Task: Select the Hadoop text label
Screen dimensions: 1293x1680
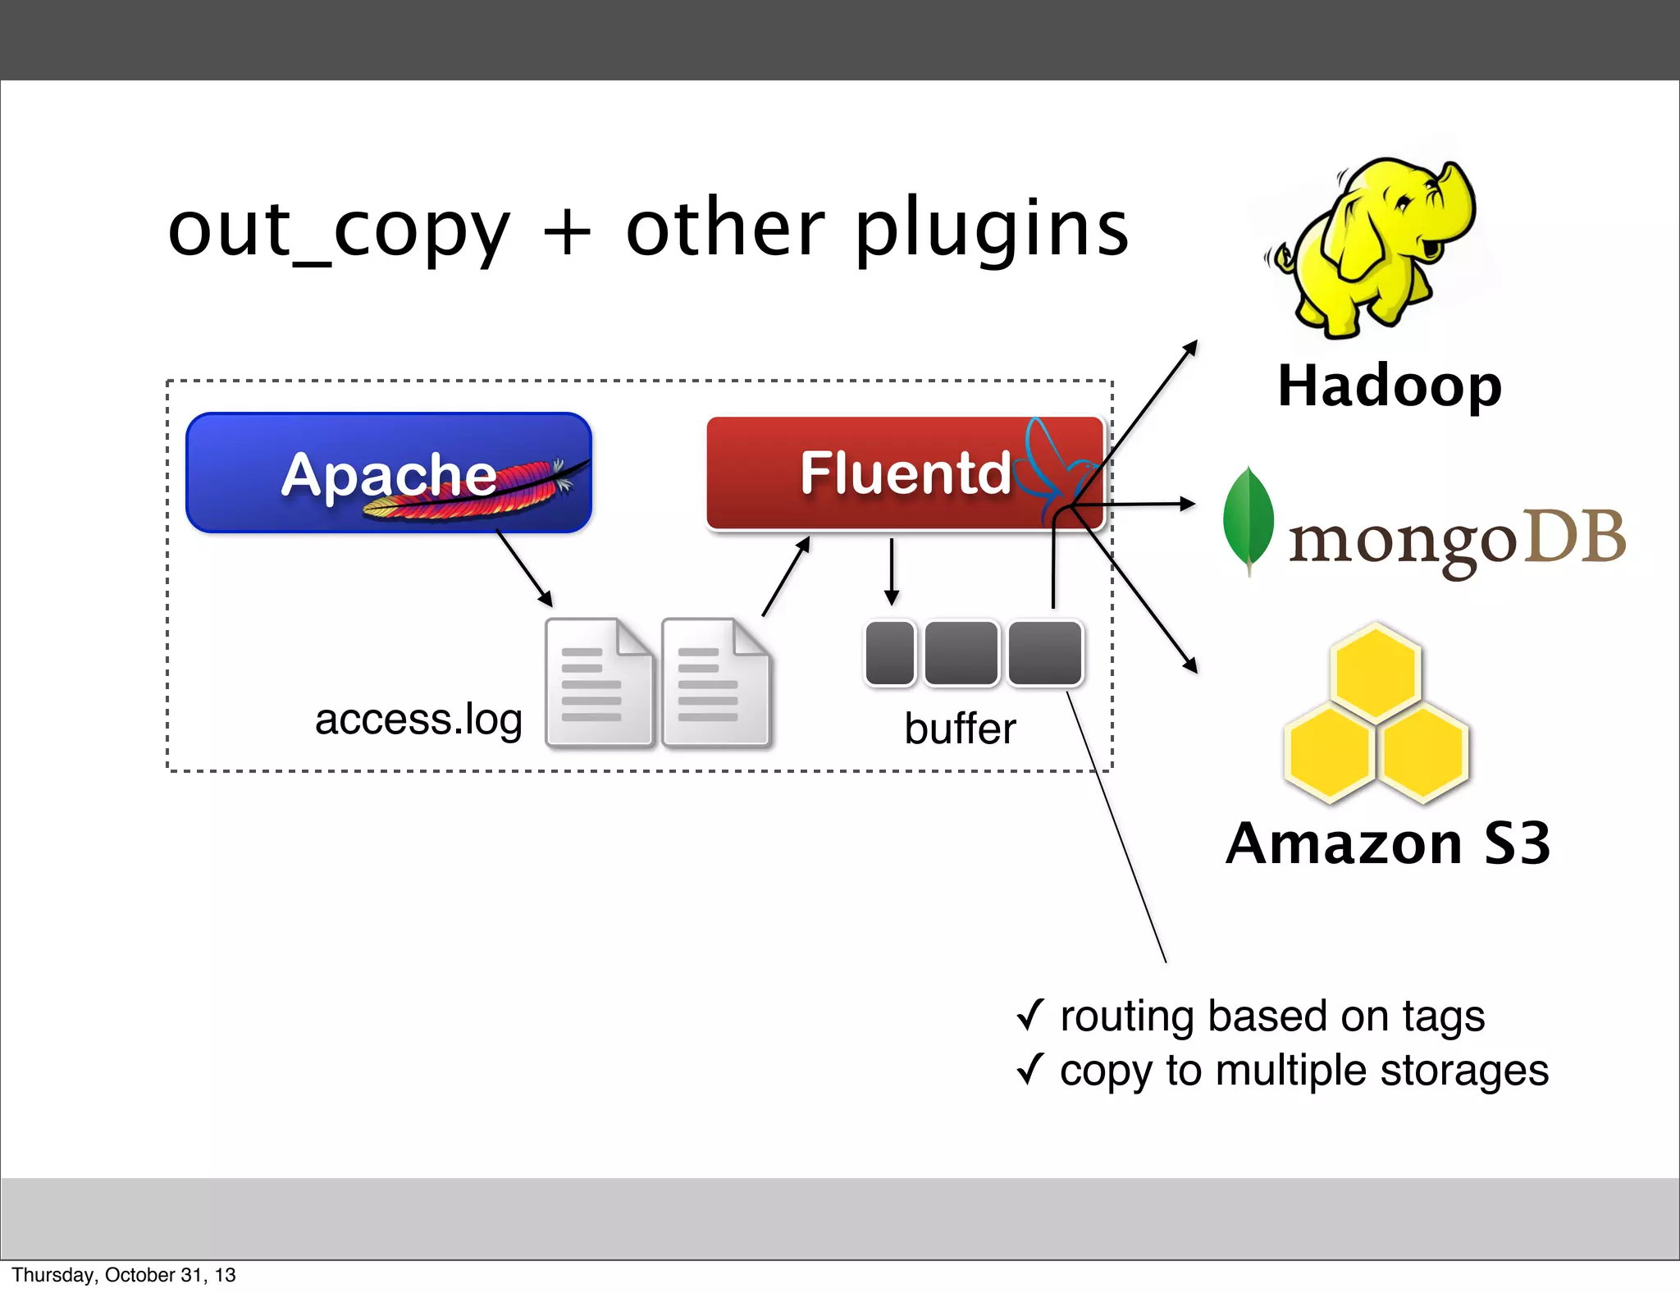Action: [x=1390, y=386]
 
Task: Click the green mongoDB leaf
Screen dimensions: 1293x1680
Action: [x=1248, y=519]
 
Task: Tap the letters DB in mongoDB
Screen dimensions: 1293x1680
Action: [x=1575, y=537]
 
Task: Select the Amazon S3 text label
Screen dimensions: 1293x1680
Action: [x=1388, y=843]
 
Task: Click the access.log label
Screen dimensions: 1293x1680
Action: [x=418, y=720]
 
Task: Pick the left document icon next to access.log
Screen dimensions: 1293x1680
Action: [x=599, y=683]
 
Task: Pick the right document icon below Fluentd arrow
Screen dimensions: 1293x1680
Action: [x=715, y=683]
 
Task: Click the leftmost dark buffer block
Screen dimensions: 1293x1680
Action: [x=890, y=653]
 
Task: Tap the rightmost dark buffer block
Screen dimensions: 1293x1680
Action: [x=1045, y=653]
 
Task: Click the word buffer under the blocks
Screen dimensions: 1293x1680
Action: [x=960, y=729]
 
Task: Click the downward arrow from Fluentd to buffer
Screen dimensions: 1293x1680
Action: [x=892, y=573]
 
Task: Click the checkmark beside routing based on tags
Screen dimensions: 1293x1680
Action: [x=1029, y=1015]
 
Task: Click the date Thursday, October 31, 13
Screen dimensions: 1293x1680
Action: [x=123, y=1275]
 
